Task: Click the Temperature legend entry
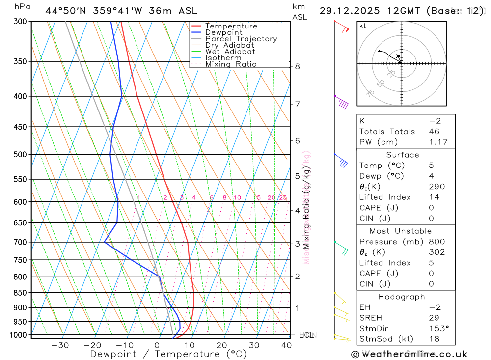pyautogui.click(x=231, y=26)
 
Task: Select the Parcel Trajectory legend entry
pyautogui.click(x=241, y=39)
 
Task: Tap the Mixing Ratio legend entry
pyautogui.click(x=231, y=64)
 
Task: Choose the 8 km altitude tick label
pyautogui.click(x=297, y=66)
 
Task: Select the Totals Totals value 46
pyautogui.click(x=434, y=132)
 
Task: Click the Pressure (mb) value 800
pyautogui.click(x=436, y=242)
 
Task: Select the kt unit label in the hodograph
pyautogui.click(x=363, y=26)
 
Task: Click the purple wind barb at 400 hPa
pyautogui.click(x=342, y=103)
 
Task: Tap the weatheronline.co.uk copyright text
pyautogui.click(x=409, y=354)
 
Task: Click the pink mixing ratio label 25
pyautogui.click(x=283, y=198)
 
